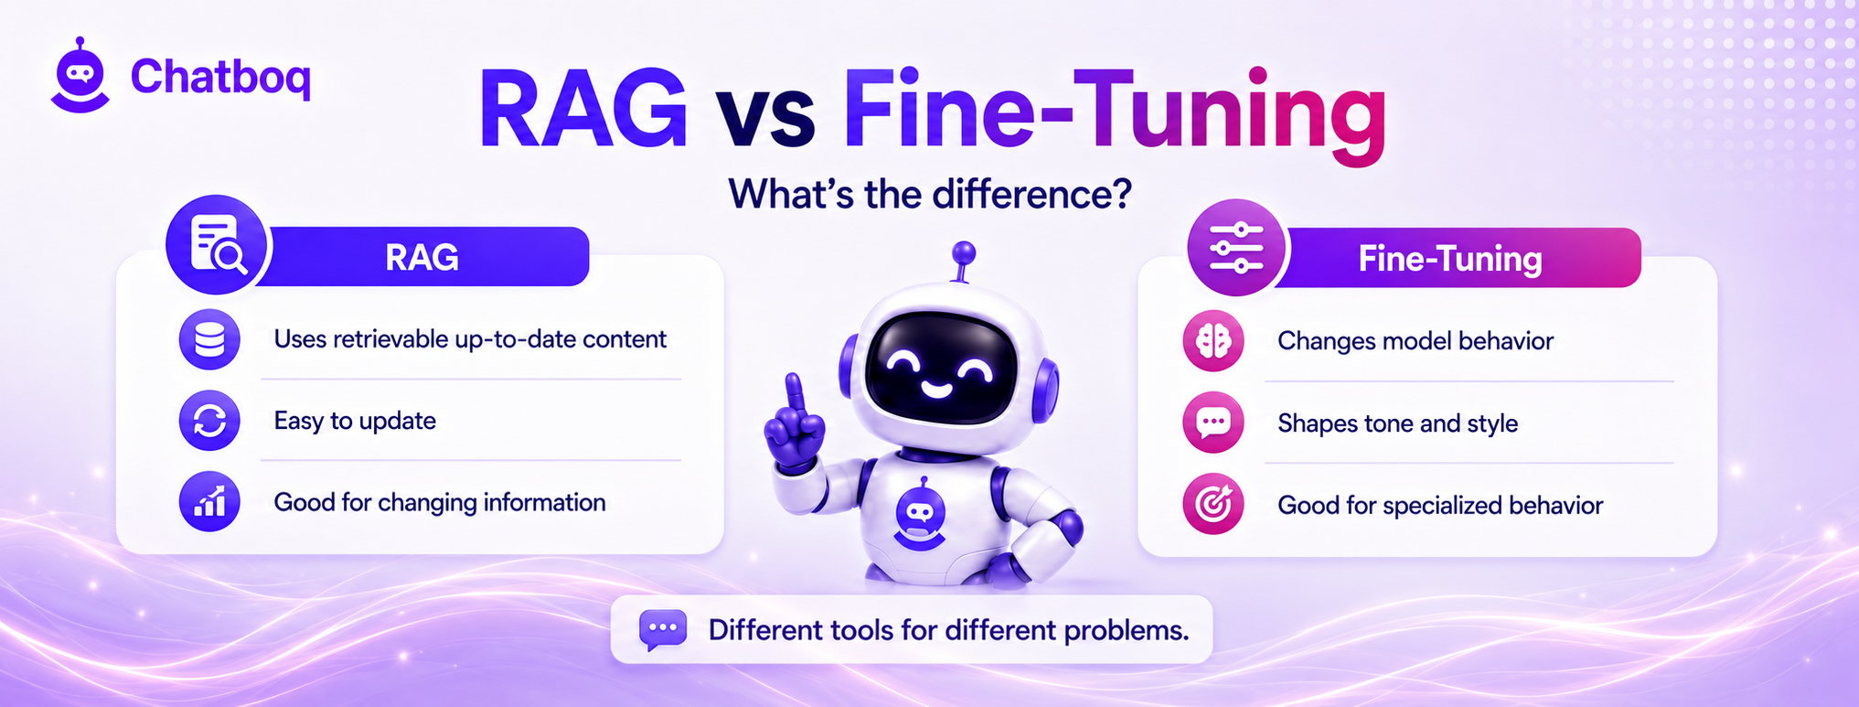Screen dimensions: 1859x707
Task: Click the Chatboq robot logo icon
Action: [80, 76]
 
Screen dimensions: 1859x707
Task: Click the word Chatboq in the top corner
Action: [220, 77]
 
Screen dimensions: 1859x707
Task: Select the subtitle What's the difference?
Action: [930, 194]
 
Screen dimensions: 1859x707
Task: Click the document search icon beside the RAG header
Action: [217, 245]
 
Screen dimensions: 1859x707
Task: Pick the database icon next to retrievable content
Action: [209, 339]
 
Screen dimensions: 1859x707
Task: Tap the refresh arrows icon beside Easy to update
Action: [209, 421]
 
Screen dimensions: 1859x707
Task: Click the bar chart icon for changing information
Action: [209, 502]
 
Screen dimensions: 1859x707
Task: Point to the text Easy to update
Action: [355, 421]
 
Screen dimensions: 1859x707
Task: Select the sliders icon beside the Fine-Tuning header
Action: [1236, 247]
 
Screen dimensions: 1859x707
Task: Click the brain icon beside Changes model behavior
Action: [1213, 341]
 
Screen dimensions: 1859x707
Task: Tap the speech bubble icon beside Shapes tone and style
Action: [1213, 423]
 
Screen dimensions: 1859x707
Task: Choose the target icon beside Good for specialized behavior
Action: [1213, 504]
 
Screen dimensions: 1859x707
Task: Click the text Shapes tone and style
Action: [1397, 423]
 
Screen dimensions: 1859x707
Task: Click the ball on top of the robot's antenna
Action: [963, 252]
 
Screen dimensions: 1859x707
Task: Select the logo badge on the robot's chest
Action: [920, 515]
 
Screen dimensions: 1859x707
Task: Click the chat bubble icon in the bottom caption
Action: [663, 630]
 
